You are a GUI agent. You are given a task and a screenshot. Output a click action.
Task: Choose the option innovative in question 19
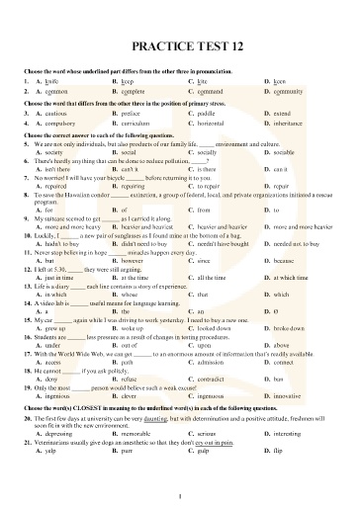(290, 422)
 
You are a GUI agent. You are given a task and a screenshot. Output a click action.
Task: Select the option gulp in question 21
(204, 477)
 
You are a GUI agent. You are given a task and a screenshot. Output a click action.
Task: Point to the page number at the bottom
(180, 495)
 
